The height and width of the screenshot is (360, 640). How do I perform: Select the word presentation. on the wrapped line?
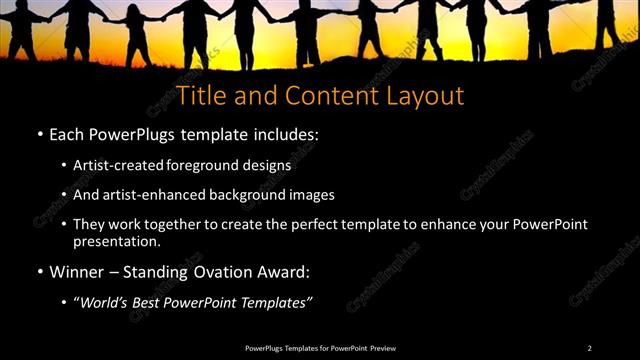point(117,241)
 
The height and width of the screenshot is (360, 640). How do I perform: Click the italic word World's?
point(106,302)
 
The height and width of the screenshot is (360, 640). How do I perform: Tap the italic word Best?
point(148,302)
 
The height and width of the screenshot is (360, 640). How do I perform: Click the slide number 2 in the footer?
point(590,348)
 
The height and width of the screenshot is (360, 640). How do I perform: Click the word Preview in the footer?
point(380,348)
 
